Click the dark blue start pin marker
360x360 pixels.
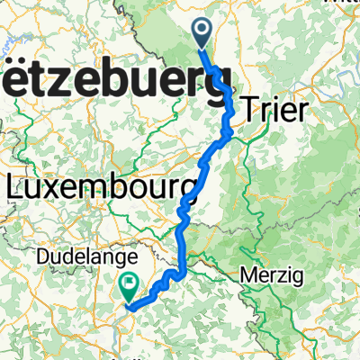(202, 33)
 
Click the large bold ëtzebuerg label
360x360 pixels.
(117, 85)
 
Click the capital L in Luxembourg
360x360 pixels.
(16, 187)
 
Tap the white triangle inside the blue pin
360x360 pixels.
(202, 31)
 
